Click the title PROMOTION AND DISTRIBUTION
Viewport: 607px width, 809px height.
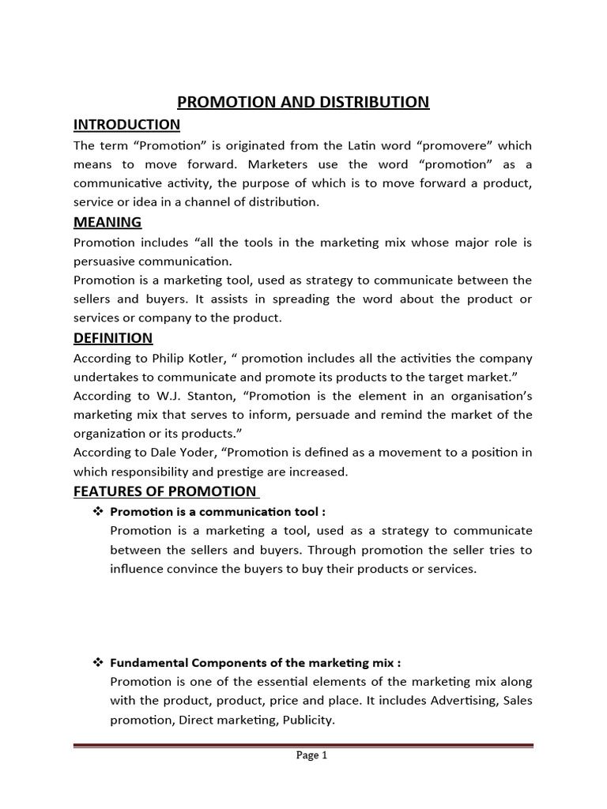(x=303, y=102)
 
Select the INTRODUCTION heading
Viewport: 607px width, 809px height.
(x=126, y=125)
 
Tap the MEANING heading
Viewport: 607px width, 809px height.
(x=107, y=222)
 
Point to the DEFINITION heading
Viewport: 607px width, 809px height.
(x=113, y=338)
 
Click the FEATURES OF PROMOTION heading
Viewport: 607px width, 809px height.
(x=164, y=491)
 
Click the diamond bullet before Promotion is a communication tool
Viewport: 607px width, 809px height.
(x=99, y=511)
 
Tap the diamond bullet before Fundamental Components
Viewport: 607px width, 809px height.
(x=99, y=662)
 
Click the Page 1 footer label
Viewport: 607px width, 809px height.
(x=311, y=755)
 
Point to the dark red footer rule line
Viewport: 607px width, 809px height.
(x=303, y=744)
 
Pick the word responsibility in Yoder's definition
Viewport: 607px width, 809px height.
(x=153, y=472)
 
